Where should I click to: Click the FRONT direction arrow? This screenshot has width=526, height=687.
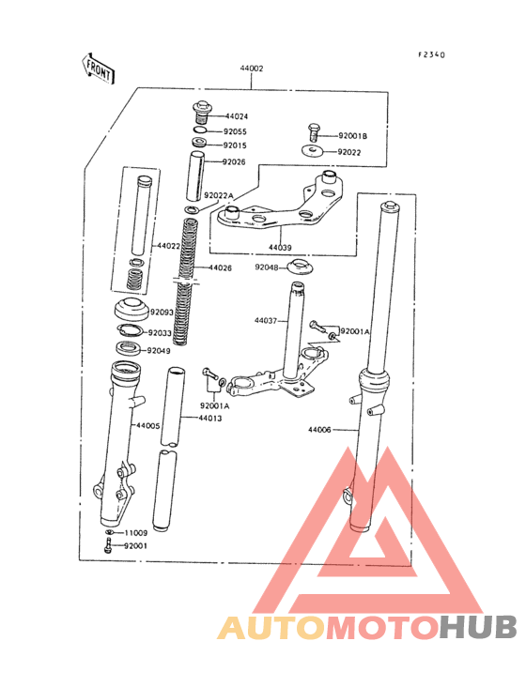pyautogui.click(x=98, y=69)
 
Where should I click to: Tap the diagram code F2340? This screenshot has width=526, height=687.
pyautogui.click(x=431, y=54)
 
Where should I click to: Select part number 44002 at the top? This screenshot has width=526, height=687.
pyautogui.click(x=252, y=69)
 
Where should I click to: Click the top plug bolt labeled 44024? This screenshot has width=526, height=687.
pyautogui.click(x=202, y=114)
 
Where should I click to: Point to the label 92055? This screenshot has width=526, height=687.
pyautogui.click(x=235, y=131)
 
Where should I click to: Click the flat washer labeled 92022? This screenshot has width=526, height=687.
pyautogui.click(x=312, y=151)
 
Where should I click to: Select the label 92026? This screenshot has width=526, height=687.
pyautogui.click(x=234, y=162)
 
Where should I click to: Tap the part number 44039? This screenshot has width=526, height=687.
pyautogui.click(x=280, y=248)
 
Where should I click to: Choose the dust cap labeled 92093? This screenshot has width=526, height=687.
pyautogui.click(x=131, y=309)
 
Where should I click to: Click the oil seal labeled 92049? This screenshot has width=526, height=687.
pyautogui.click(x=129, y=349)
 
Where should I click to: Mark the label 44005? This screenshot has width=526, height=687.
pyautogui.click(x=148, y=425)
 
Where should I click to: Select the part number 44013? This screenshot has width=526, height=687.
pyautogui.click(x=210, y=419)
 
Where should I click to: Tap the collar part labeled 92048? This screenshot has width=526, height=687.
pyautogui.click(x=301, y=267)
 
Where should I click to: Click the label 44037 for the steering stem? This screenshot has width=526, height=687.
pyautogui.click(x=266, y=321)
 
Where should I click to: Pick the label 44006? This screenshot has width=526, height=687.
pyautogui.click(x=319, y=430)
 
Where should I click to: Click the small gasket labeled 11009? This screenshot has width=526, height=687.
pyautogui.click(x=110, y=532)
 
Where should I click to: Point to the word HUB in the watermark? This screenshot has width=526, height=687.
pyautogui.click(x=479, y=628)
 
